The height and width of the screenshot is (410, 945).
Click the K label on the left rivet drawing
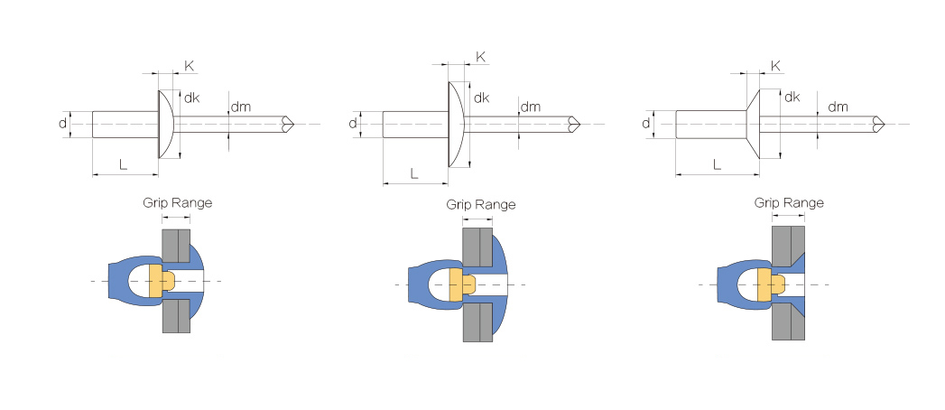click(190, 66)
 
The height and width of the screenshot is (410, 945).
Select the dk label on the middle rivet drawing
click(482, 98)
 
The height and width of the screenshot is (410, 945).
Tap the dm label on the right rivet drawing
click(838, 107)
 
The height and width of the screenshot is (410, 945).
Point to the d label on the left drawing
click(62, 124)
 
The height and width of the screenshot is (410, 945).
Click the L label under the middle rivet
click(414, 173)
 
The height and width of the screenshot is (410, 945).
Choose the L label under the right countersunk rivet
click(717, 164)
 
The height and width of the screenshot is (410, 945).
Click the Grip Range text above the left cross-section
click(177, 202)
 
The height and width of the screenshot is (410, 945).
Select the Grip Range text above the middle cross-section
click(481, 205)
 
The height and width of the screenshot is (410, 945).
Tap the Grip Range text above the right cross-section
click(789, 203)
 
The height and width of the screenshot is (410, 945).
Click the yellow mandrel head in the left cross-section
click(160, 280)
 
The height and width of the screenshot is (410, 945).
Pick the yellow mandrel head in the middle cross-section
click(461, 284)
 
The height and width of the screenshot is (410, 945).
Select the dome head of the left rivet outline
click(166, 125)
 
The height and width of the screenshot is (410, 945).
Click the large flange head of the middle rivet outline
click(456, 125)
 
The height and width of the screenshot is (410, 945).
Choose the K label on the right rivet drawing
click(776, 66)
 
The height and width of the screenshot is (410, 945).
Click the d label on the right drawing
click(646, 124)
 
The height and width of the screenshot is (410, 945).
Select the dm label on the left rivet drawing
click(241, 107)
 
